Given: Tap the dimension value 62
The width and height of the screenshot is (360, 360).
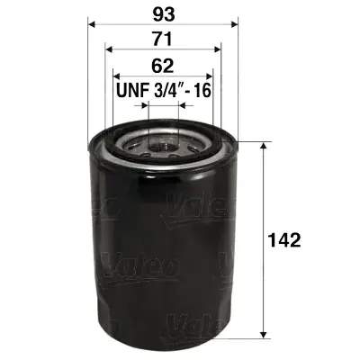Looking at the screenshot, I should [x=162, y=66].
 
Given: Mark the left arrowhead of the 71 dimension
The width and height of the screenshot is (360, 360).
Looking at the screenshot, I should [x=108, y=49].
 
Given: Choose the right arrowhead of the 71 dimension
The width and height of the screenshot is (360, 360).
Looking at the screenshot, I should [x=218, y=49].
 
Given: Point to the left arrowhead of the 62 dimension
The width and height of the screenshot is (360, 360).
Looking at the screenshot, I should [x=115, y=76].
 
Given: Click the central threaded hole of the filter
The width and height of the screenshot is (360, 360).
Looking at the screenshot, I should [x=162, y=140].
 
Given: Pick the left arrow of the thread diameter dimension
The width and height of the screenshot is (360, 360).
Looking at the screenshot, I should [x=146, y=105].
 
